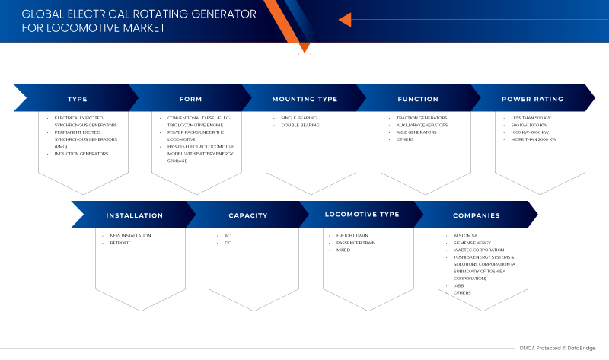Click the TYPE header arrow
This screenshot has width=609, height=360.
[x=77, y=99]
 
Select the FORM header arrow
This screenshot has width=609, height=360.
[x=190, y=99]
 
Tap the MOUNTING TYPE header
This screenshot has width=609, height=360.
[x=304, y=99]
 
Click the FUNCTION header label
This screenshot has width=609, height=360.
[x=418, y=99]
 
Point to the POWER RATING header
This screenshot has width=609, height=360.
[x=532, y=99]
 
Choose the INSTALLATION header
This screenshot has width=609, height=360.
[x=134, y=215]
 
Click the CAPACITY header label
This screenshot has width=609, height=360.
[x=248, y=215]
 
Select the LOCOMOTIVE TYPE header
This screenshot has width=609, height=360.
[x=362, y=215]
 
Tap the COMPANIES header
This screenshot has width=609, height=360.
[x=476, y=215]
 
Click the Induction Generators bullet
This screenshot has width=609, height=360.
[x=81, y=154]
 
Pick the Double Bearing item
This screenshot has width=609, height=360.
[x=300, y=126]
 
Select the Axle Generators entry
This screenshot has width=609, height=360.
[x=416, y=132]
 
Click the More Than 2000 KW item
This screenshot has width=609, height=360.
[x=534, y=139]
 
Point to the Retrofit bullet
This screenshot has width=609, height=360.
[x=120, y=243]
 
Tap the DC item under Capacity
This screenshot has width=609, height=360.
[x=227, y=243]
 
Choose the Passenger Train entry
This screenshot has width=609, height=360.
[x=356, y=243]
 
